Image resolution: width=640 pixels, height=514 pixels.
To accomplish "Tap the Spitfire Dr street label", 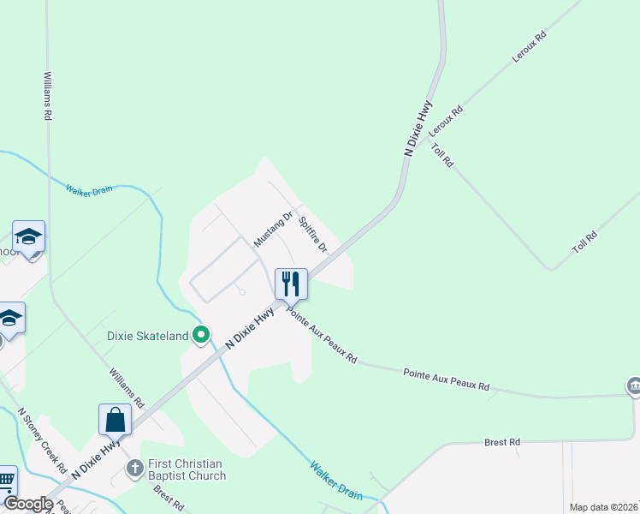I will pos(313,234).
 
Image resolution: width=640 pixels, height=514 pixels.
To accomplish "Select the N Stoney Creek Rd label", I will pos(42,441).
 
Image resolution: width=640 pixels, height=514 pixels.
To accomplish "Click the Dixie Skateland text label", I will pos(148,337).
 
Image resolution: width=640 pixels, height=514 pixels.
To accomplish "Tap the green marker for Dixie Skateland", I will pos(202,334).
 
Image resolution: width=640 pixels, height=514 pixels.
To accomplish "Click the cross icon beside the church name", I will pos(134,468).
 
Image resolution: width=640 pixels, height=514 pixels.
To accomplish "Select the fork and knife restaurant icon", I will pos(291,283).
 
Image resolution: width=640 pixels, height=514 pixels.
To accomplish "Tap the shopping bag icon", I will pos(115,420).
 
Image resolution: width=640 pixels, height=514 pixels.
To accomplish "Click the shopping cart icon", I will pos(6,481).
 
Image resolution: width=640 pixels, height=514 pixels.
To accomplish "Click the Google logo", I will pos(28,504).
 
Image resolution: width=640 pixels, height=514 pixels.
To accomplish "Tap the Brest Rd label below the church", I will pos(168,498).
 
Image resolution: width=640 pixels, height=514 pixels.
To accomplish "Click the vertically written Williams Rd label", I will pos(48,95).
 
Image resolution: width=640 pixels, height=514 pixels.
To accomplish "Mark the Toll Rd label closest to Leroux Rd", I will pos(442,156).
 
